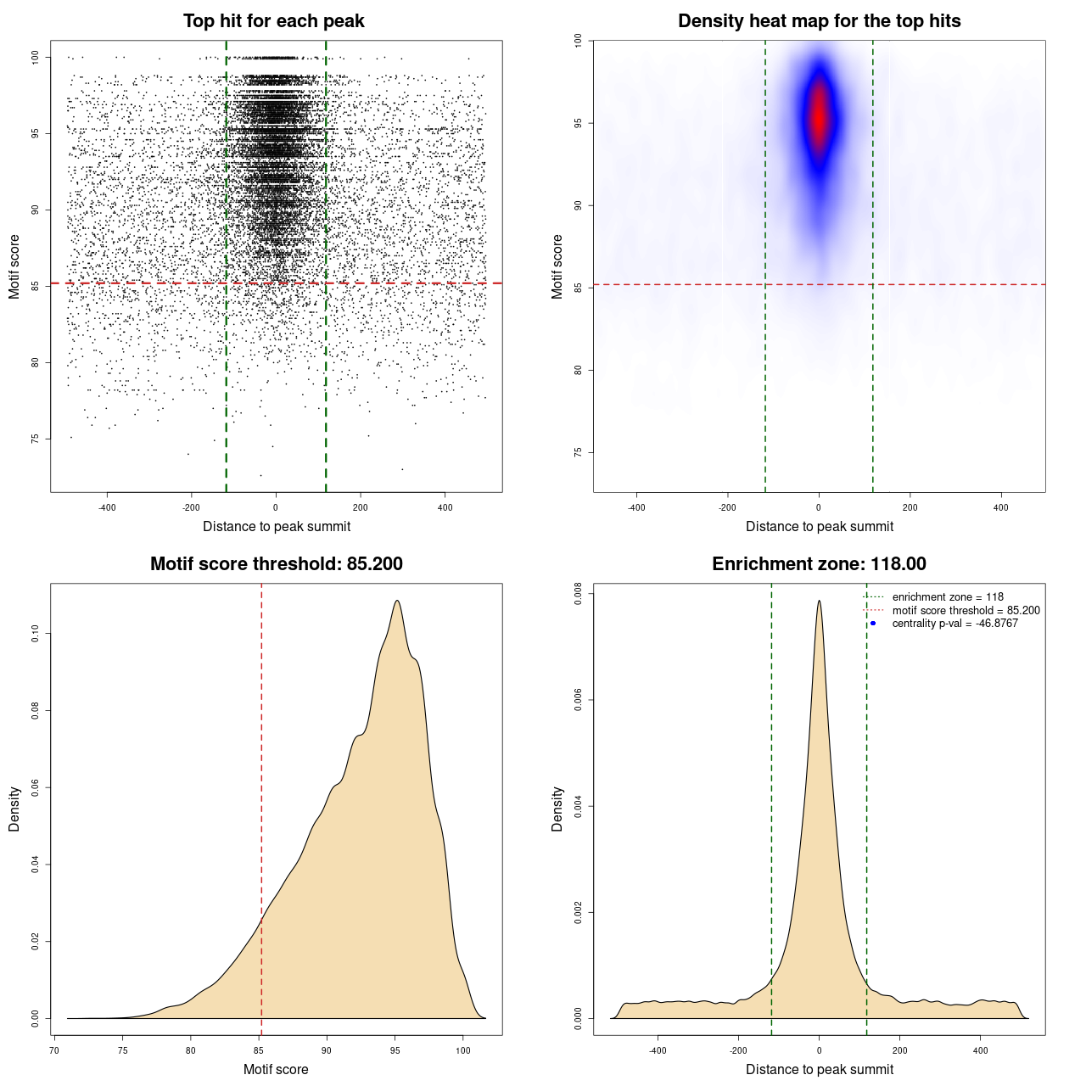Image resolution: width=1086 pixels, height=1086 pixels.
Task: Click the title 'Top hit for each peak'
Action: [x=274, y=21]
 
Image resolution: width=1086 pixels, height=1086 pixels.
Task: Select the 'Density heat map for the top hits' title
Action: [x=819, y=21]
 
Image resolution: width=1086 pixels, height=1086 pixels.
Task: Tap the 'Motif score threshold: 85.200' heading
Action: [x=276, y=564]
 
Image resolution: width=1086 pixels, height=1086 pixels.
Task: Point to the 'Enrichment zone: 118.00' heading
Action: [x=819, y=564]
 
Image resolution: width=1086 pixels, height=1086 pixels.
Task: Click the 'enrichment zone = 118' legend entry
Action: [x=948, y=597]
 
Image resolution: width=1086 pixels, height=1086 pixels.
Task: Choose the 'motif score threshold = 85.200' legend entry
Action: [x=966, y=611]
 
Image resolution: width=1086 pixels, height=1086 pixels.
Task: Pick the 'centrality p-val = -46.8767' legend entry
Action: [x=954, y=624]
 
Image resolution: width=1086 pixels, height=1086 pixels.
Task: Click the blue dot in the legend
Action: [x=873, y=624]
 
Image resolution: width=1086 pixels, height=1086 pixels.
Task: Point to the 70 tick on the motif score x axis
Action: [x=54, y=1050]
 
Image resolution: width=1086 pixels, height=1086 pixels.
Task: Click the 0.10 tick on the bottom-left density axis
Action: [x=35, y=634]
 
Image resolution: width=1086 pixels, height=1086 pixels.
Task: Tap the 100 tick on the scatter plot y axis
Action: [x=35, y=57]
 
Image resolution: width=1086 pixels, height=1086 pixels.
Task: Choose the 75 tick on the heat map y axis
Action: [x=578, y=452]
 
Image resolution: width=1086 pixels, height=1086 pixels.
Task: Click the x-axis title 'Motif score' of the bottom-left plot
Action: [x=276, y=1070]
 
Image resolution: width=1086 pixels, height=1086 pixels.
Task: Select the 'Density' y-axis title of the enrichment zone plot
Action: [x=557, y=809]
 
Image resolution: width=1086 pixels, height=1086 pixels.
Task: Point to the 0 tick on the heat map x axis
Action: [x=819, y=507]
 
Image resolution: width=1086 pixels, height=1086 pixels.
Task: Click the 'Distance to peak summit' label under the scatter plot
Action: [x=277, y=527]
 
